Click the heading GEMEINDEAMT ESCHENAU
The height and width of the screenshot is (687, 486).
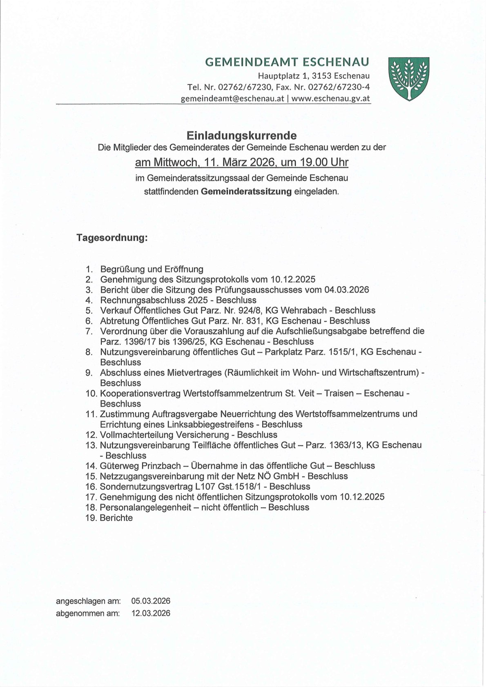(x=287, y=62)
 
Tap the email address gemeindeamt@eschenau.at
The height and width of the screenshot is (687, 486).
(x=232, y=99)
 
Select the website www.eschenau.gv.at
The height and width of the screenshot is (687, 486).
(x=331, y=99)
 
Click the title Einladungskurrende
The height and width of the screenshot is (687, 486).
(x=242, y=135)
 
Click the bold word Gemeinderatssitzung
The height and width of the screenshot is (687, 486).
(x=246, y=191)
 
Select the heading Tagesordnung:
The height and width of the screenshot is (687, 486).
(x=112, y=238)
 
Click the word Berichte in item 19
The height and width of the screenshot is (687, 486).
(x=116, y=518)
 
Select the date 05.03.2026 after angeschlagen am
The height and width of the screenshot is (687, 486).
(x=151, y=601)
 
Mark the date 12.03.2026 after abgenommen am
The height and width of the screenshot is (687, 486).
(x=151, y=614)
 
